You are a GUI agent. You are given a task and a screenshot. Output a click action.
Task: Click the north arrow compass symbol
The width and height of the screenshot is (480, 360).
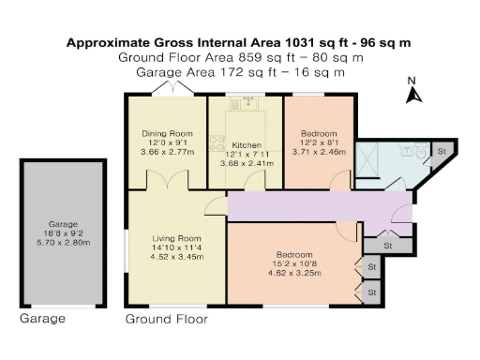click(x=412, y=94)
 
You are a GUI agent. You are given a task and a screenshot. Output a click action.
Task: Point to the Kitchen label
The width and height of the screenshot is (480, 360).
click(x=246, y=145)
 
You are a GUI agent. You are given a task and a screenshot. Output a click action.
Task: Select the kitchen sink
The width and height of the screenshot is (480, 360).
click(x=247, y=105)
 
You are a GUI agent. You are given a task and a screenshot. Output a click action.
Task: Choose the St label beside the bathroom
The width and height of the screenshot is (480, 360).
click(x=442, y=150)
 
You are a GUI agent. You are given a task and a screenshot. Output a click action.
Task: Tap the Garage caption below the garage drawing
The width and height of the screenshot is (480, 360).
click(x=43, y=319)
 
